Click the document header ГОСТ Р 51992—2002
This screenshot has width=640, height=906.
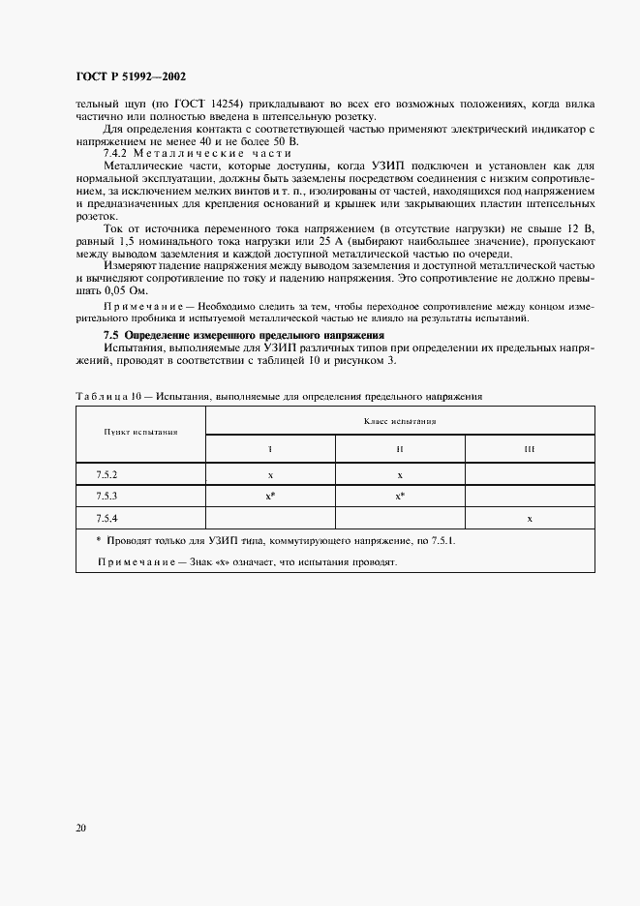132,75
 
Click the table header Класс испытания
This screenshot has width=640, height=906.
400,421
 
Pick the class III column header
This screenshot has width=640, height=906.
530,450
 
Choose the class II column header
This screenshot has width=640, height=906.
400,450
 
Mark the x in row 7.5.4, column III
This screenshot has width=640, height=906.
530,519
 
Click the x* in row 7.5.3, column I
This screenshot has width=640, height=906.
272,497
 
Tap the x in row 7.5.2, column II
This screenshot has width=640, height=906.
400,475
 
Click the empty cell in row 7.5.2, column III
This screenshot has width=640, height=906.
530,475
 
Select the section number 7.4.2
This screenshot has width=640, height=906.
117,154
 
